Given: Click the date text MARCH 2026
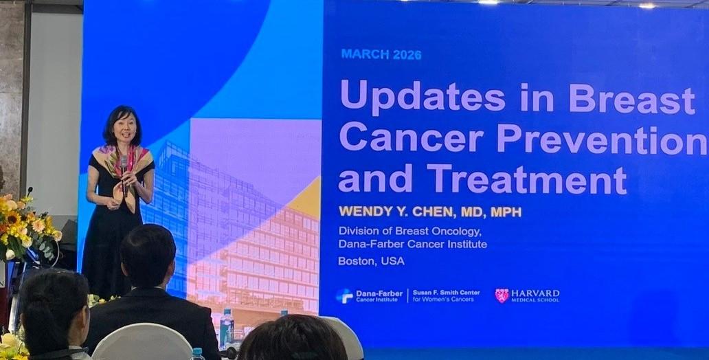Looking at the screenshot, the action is [x=381, y=55].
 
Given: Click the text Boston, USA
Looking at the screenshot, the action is [x=371, y=261].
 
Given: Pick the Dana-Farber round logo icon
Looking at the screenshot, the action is [x=345, y=296].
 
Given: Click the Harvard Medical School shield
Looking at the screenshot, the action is [x=502, y=295].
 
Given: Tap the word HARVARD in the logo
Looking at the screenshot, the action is [x=535, y=293].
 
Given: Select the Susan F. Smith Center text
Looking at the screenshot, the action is [x=446, y=292].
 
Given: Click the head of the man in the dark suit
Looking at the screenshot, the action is [x=148, y=257].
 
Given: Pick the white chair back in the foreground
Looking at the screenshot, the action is [x=142, y=342].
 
